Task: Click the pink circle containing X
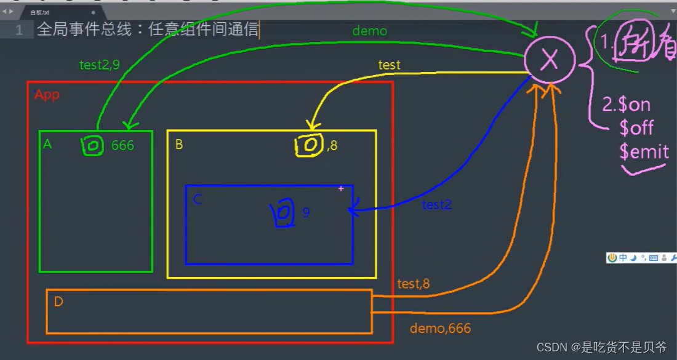tap(549, 60)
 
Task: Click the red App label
tap(47, 95)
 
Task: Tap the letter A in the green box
tap(47, 144)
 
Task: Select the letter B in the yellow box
tap(179, 145)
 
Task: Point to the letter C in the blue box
tap(197, 199)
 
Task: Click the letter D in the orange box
tap(58, 302)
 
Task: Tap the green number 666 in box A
tap(122, 146)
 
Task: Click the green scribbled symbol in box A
tap(92, 146)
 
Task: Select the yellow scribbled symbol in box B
tap(309, 145)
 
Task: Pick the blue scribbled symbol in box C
tap(282, 212)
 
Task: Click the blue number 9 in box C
tap(306, 212)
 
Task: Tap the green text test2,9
tap(99, 65)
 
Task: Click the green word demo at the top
tap(369, 31)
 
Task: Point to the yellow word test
tap(389, 65)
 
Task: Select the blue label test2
tap(437, 205)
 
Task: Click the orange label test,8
tap(414, 284)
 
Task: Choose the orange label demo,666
tap(440, 329)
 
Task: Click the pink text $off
tap(636, 128)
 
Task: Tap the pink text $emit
tap(644, 151)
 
